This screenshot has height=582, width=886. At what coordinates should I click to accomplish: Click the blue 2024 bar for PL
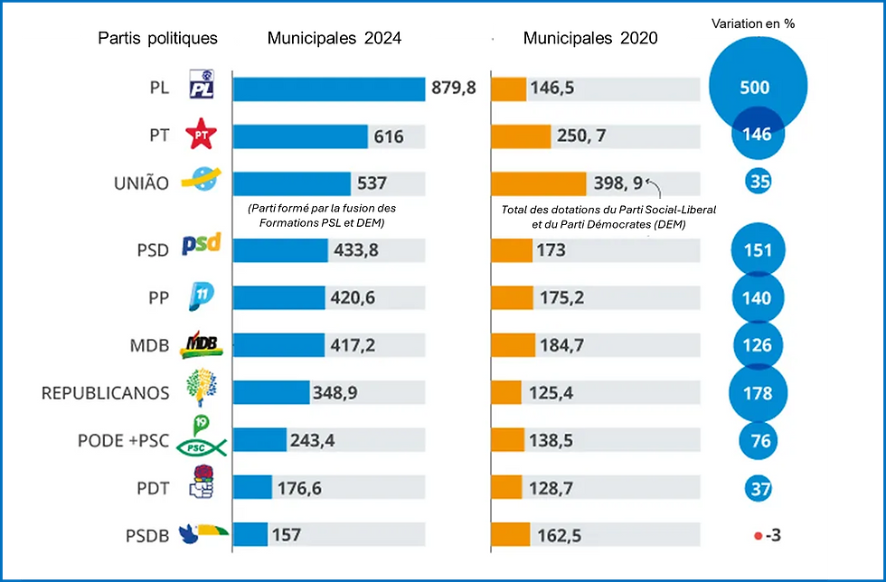tap(328, 89)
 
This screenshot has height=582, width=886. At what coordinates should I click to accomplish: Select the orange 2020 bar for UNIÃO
tap(538, 183)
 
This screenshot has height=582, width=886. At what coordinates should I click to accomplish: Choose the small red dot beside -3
tap(758, 535)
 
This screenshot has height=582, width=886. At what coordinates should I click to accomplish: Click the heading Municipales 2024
tap(335, 38)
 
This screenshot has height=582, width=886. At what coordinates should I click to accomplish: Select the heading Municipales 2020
tap(590, 38)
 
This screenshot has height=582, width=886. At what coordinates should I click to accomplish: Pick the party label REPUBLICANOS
tap(105, 393)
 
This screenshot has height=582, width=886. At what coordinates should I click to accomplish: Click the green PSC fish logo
tap(201, 446)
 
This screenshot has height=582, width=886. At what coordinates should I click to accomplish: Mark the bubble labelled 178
tap(758, 393)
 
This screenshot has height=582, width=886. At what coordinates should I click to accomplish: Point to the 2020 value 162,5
tap(559, 535)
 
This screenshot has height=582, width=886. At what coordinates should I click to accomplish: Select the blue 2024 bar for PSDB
tap(250, 535)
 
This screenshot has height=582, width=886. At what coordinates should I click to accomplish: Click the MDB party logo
tap(201, 345)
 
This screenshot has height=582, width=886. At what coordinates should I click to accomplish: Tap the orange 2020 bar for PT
tap(521, 136)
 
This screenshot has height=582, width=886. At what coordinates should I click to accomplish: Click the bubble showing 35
tap(758, 182)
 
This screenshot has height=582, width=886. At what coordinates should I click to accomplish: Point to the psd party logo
tap(201, 245)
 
